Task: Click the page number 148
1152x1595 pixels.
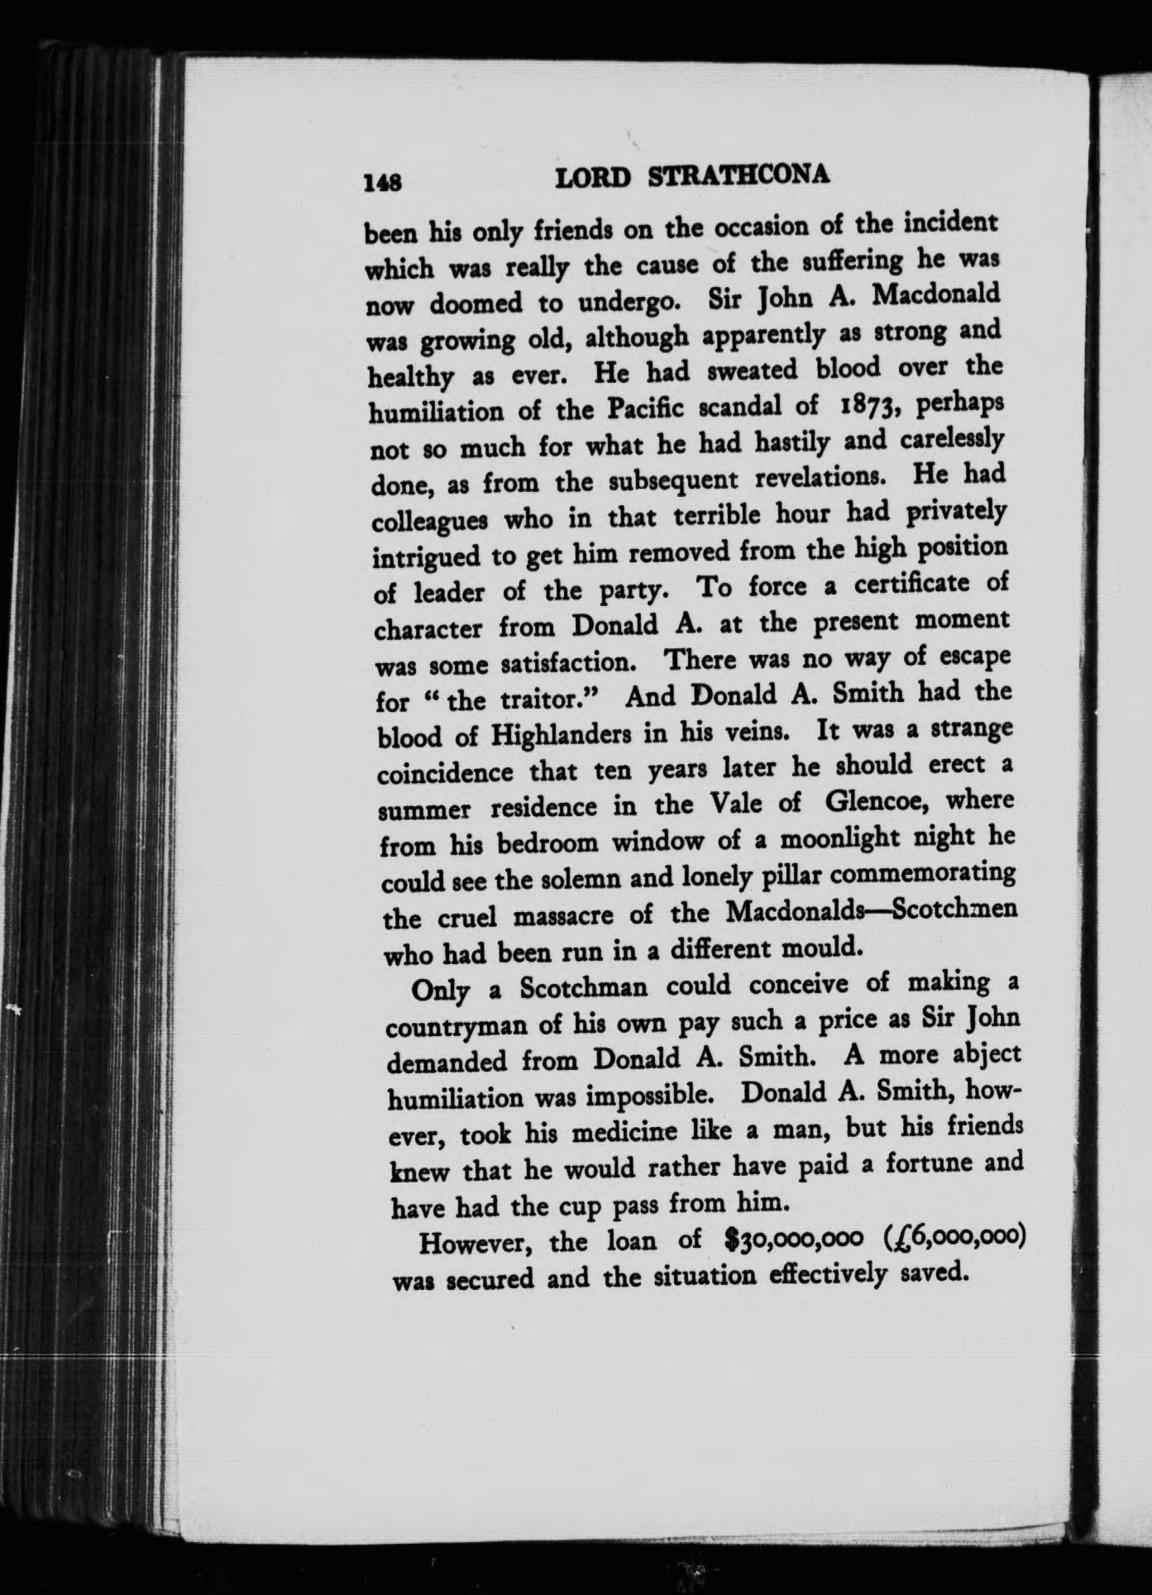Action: pyautogui.click(x=384, y=182)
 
